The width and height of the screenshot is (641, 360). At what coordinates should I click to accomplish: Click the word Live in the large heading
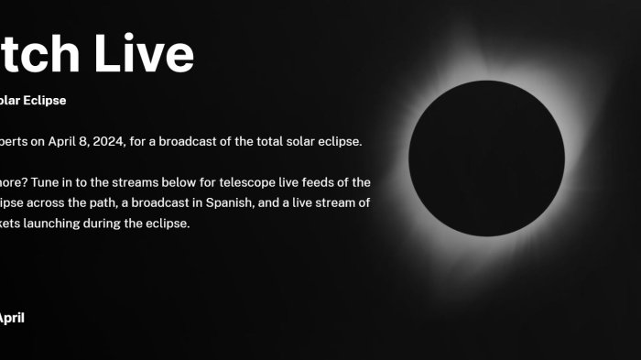point(147,54)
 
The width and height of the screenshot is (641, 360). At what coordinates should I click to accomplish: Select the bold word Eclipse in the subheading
point(45,101)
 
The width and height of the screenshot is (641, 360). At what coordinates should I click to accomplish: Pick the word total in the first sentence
point(262,141)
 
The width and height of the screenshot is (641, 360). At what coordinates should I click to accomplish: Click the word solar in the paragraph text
point(297,141)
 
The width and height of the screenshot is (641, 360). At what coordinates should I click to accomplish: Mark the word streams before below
point(128,182)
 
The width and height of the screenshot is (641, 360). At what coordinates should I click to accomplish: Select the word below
point(173,182)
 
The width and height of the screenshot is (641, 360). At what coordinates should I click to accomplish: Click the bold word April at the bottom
point(10,318)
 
